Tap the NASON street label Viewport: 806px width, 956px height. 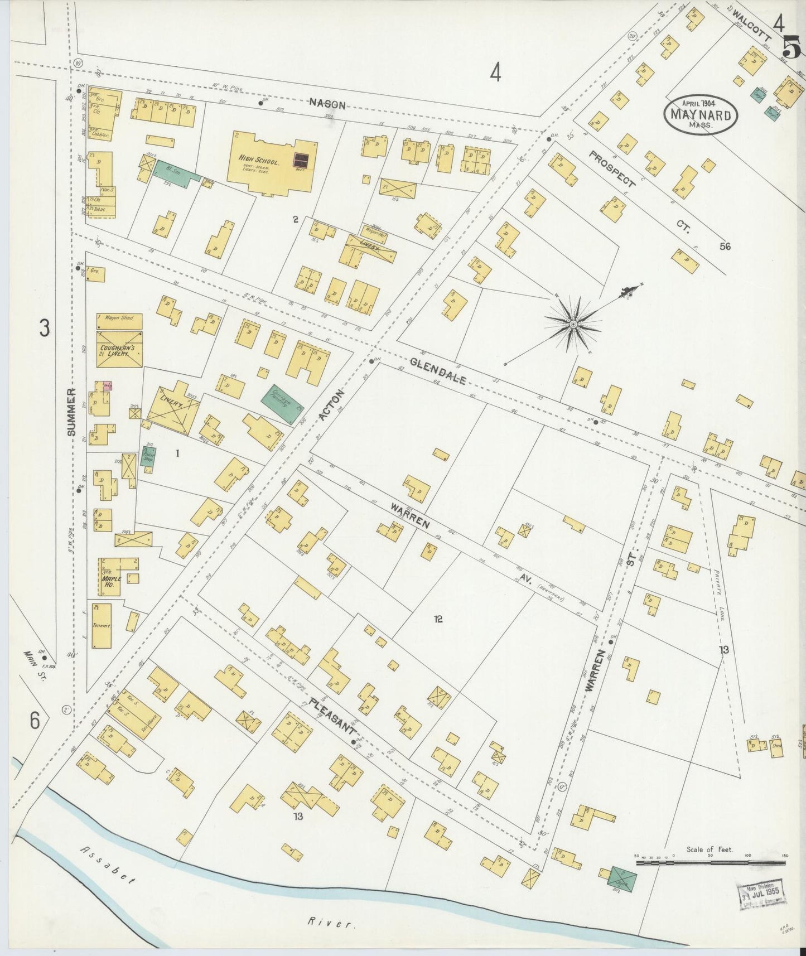pos(327,104)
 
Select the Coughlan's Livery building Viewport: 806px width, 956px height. pos(119,349)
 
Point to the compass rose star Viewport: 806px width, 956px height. pos(573,324)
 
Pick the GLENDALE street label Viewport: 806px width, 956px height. pos(438,371)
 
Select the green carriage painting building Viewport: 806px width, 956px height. pos(283,403)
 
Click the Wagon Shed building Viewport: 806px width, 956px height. pos(119,321)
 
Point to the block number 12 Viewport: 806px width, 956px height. pos(438,619)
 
